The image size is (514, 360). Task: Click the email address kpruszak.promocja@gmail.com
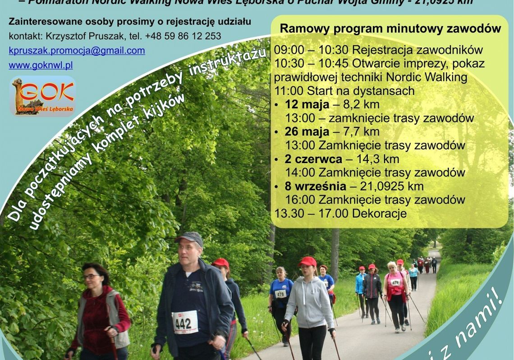click(x=77, y=50)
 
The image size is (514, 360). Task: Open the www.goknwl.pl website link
click(x=41, y=65)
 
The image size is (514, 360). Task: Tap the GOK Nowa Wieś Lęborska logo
click(x=42, y=96)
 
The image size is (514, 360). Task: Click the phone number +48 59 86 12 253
click(x=183, y=36)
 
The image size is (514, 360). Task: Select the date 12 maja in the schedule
click(x=307, y=105)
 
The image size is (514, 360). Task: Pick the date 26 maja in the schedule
click(x=307, y=132)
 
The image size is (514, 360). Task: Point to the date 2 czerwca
click(x=313, y=159)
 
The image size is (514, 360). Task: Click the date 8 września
click(x=315, y=186)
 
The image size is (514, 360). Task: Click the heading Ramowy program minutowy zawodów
click(x=390, y=28)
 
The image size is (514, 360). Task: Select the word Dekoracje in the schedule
click(x=379, y=213)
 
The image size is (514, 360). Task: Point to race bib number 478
click(x=280, y=294)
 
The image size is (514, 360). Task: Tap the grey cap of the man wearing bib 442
click(x=189, y=237)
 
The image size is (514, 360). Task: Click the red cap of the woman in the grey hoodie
click(x=307, y=261)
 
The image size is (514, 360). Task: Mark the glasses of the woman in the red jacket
click(x=92, y=276)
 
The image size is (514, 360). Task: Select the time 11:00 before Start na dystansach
click(x=288, y=91)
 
